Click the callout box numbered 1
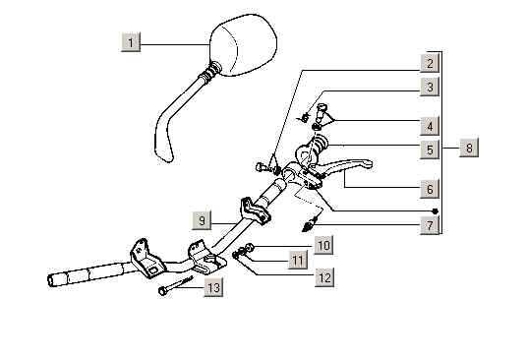click(131, 42)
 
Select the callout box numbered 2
click(430, 63)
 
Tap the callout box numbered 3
click(430, 87)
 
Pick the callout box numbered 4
click(430, 126)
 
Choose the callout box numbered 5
click(430, 150)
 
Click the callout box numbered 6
click(430, 189)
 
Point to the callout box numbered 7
click(430, 225)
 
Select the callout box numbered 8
click(469, 148)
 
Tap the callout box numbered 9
click(202, 220)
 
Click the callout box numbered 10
click(324, 245)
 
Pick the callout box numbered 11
click(298, 260)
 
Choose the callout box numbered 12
click(324, 277)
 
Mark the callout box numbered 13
click(213, 287)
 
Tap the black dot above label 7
click(436, 211)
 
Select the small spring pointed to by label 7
click(310, 224)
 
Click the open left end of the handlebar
click(50, 280)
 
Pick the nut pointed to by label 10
click(249, 248)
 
